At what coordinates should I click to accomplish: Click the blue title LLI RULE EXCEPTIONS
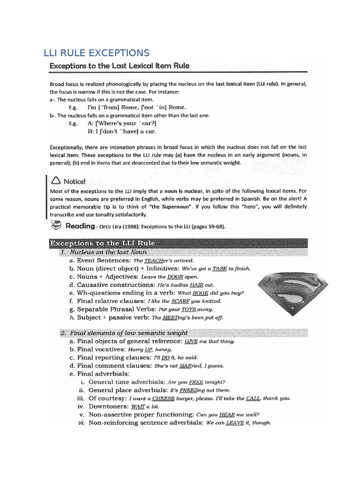(x=97, y=52)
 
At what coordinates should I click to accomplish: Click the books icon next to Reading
(x=55, y=226)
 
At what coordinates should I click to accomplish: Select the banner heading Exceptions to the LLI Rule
(x=102, y=243)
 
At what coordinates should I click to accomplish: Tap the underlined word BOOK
(x=200, y=293)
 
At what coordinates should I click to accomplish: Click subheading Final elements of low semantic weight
(x=124, y=333)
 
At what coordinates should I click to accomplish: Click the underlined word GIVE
(x=191, y=342)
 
